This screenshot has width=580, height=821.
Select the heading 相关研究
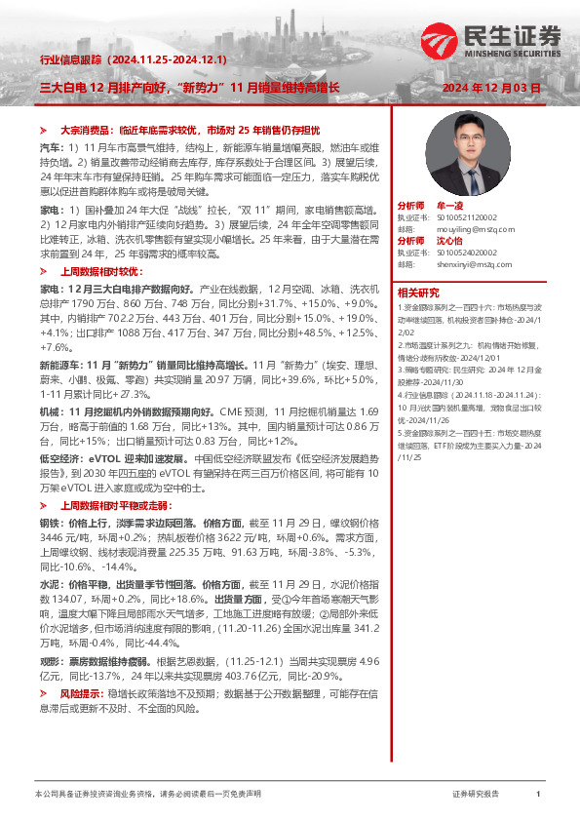click(x=416, y=292)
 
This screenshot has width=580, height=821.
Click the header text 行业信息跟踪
click(x=72, y=59)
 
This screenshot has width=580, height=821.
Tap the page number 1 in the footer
click(x=538, y=795)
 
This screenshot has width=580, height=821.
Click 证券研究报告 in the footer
click(x=476, y=795)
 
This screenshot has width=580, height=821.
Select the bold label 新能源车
click(x=58, y=364)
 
